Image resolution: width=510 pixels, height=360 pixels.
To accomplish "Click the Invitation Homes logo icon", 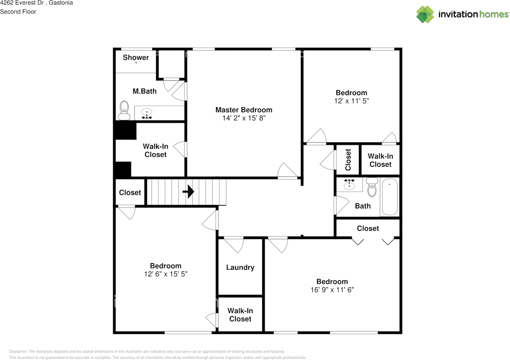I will coord(425,14).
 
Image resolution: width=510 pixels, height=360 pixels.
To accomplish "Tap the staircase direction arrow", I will coord(188,192).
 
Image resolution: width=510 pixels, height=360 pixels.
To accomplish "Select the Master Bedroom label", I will coord(244,110).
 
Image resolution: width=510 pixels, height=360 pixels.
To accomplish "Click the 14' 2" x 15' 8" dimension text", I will coord(244,118).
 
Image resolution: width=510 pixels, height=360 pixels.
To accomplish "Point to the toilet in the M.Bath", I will coord(124,110).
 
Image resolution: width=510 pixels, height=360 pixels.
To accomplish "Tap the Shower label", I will coord(135,57).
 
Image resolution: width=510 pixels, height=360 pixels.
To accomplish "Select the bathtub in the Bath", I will coord(389,197).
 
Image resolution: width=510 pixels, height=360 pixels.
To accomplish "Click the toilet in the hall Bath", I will coord(372,188).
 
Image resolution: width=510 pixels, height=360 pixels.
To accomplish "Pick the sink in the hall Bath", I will coord(350,185).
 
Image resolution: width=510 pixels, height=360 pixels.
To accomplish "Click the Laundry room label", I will coord(240,268).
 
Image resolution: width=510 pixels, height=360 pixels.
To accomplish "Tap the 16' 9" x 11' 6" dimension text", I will coord(332,290).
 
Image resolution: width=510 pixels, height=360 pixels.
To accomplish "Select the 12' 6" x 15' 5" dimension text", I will coord(165,274).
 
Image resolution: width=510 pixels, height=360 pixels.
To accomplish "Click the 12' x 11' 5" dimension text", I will coord(351,101).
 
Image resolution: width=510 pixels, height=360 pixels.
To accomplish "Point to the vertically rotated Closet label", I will coord(348,159).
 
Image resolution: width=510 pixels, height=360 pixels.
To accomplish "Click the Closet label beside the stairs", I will coord(130,193).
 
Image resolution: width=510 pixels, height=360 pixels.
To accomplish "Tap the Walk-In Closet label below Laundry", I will coord(240,315).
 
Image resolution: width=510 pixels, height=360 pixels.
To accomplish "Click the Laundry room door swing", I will coord(234,244).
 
